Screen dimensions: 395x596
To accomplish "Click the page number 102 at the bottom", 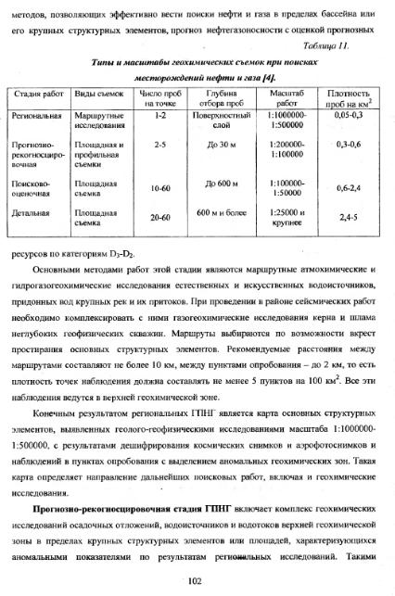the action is (195, 580).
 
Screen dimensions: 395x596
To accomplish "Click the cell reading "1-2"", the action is (160, 115).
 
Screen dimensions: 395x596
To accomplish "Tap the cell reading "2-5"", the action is (160, 145).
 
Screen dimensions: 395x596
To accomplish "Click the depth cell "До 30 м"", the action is (223, 145).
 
